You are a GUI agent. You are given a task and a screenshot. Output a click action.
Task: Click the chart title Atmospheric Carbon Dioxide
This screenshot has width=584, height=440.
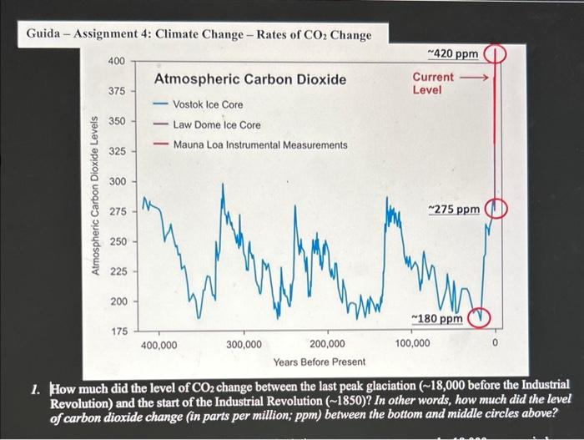(249, 79)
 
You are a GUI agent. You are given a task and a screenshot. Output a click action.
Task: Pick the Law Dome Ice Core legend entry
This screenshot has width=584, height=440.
(216, 124)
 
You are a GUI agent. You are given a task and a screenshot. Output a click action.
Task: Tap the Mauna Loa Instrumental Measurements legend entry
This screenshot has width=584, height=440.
(260, 144)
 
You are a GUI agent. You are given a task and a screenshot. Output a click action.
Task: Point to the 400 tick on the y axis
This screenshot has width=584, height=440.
(117, 62)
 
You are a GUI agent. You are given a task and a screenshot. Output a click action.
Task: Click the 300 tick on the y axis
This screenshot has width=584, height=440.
(117, 182)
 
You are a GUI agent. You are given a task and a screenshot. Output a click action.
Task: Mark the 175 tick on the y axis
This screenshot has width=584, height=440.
(117, 331)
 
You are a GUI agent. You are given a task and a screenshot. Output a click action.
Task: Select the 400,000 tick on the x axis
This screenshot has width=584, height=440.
(159, 343)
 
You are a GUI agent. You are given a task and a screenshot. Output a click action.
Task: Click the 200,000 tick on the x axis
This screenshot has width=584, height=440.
(327, 343)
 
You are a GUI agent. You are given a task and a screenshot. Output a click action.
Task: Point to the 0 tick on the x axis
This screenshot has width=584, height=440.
(495, 343)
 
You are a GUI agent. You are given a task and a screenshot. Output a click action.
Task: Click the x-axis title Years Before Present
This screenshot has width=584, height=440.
(319, 362)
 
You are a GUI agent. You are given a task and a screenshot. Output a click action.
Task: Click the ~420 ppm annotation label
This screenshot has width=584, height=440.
(453, 54)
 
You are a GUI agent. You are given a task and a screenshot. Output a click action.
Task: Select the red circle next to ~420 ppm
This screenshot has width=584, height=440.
(497, 55)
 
